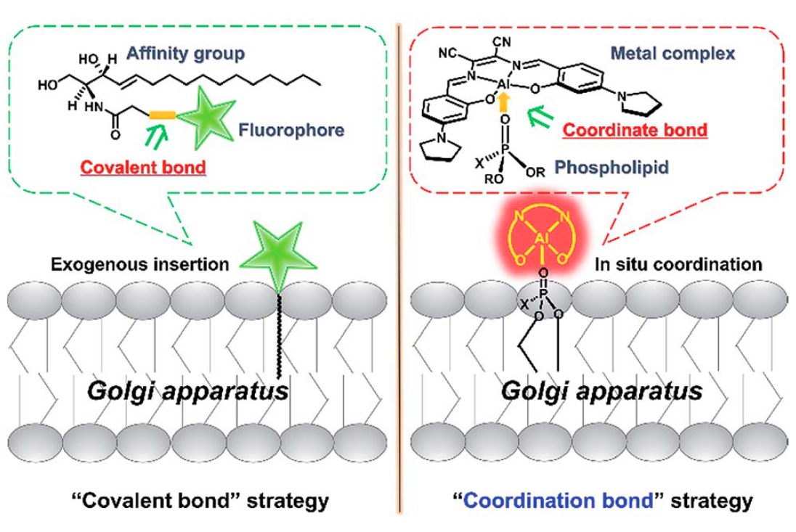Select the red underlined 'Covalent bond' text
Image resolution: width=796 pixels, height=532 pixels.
click(143, 167)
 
